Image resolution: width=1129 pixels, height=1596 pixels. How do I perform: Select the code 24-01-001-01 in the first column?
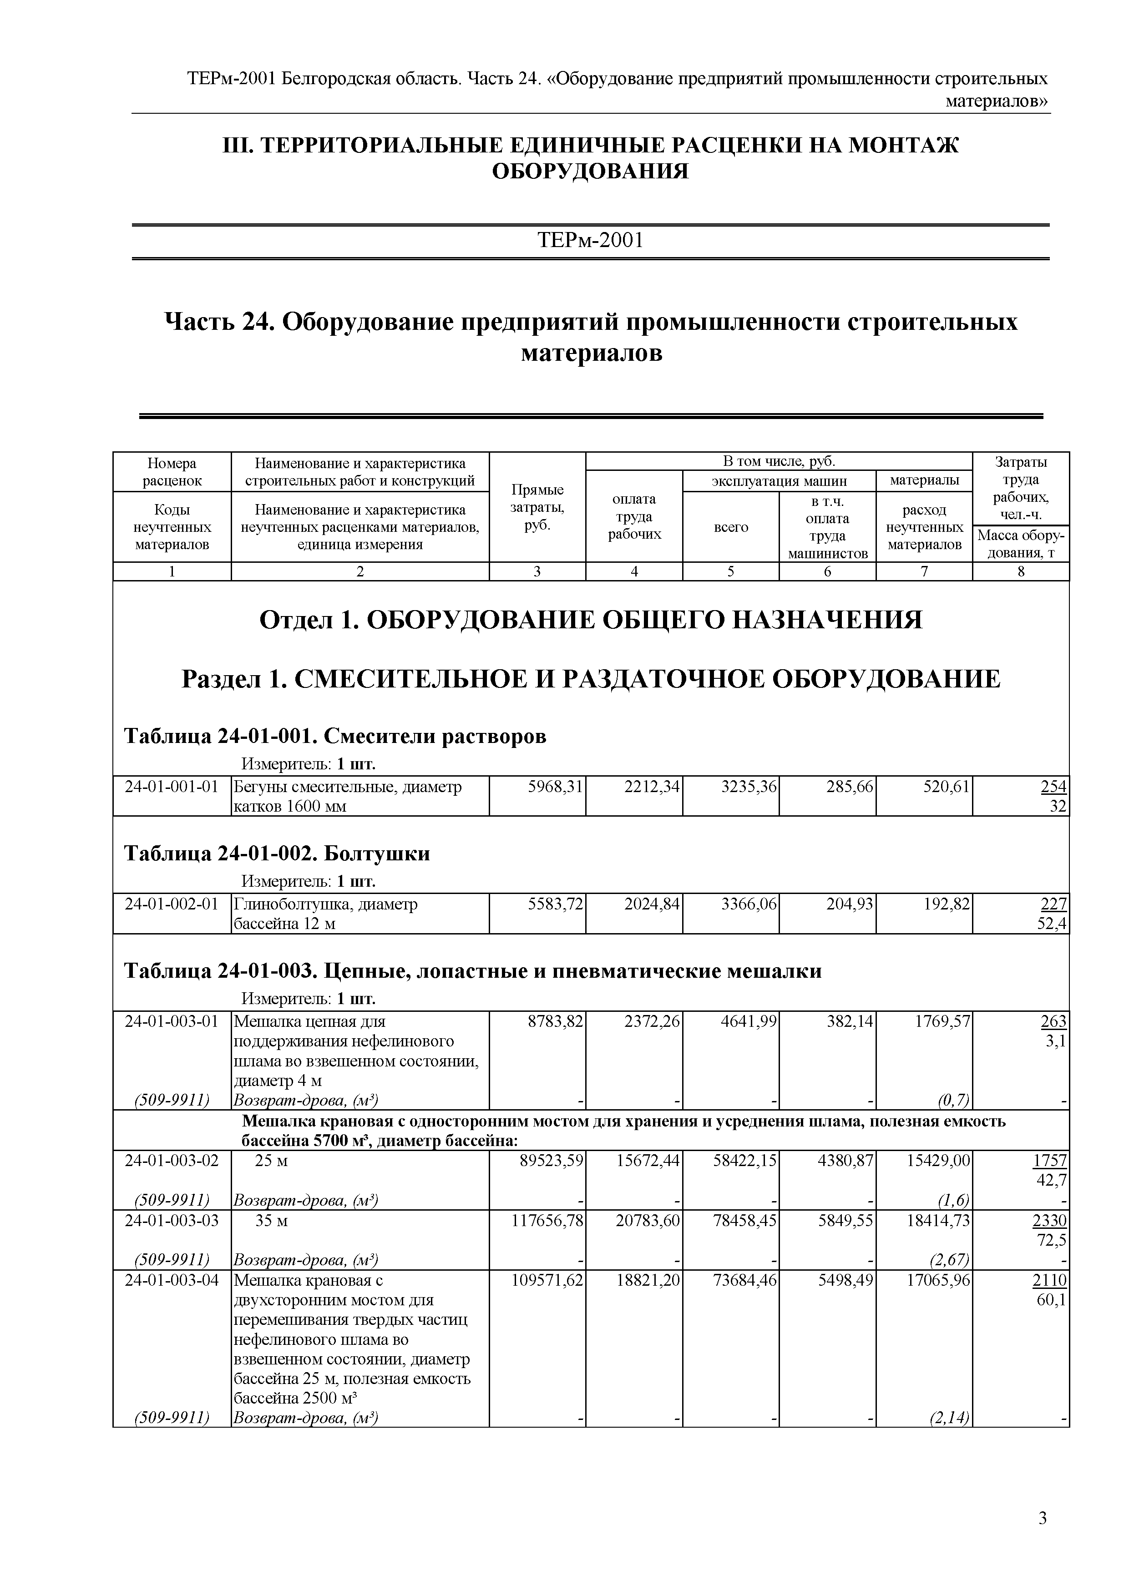[171, 787]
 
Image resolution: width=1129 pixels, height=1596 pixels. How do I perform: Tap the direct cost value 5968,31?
[556, 787]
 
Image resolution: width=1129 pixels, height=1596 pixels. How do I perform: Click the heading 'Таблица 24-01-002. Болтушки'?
[277, 854]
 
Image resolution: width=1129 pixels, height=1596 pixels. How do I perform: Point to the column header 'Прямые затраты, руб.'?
[537, 507]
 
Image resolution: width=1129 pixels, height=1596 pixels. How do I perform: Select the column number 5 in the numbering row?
[731, 572]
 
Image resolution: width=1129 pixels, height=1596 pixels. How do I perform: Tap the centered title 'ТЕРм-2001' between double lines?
[590, 241]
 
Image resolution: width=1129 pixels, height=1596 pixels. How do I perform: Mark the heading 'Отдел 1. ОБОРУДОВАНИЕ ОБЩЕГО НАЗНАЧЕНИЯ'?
[590, 619]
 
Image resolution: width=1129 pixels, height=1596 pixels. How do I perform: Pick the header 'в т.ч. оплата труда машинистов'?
[827, 526]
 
